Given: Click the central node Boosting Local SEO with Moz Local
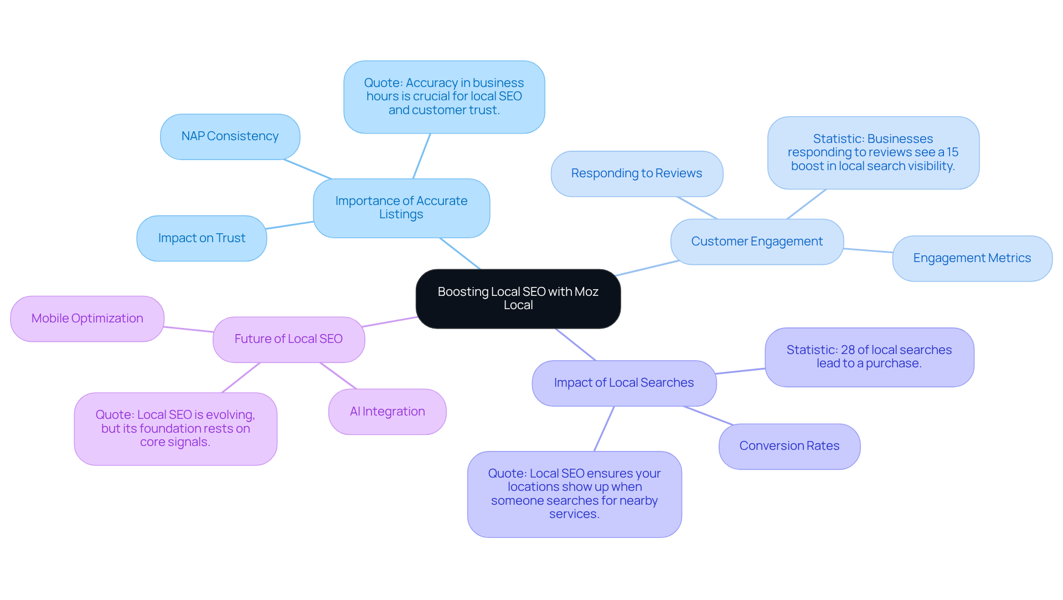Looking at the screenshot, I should (518, 299).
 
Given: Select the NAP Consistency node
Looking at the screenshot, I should (230, 136).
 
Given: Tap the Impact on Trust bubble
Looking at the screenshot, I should (202, 238).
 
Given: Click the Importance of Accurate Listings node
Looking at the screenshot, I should (401, 208).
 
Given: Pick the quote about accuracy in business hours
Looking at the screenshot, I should (443, 96).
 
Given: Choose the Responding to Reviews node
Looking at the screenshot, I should (636, 173).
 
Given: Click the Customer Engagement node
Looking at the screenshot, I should (756, 242).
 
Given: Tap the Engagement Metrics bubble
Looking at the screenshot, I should (972, 258).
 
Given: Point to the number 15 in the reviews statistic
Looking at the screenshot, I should (952, 152).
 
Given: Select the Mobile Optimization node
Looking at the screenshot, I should (87, 319).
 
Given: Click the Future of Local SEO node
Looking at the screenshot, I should (288, 339).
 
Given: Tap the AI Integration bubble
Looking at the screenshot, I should (387, 412).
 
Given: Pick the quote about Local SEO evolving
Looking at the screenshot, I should (175, 429).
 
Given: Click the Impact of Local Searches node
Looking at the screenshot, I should (623, 383).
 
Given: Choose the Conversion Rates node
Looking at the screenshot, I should (789, 446).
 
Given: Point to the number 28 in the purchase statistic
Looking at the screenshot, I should (847, 350).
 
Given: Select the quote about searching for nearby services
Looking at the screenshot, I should (574, 494).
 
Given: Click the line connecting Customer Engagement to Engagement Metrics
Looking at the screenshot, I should (868, 250).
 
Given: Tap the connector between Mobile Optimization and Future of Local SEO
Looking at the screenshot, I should (188, 330).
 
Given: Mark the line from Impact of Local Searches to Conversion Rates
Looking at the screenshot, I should (709, 416).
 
